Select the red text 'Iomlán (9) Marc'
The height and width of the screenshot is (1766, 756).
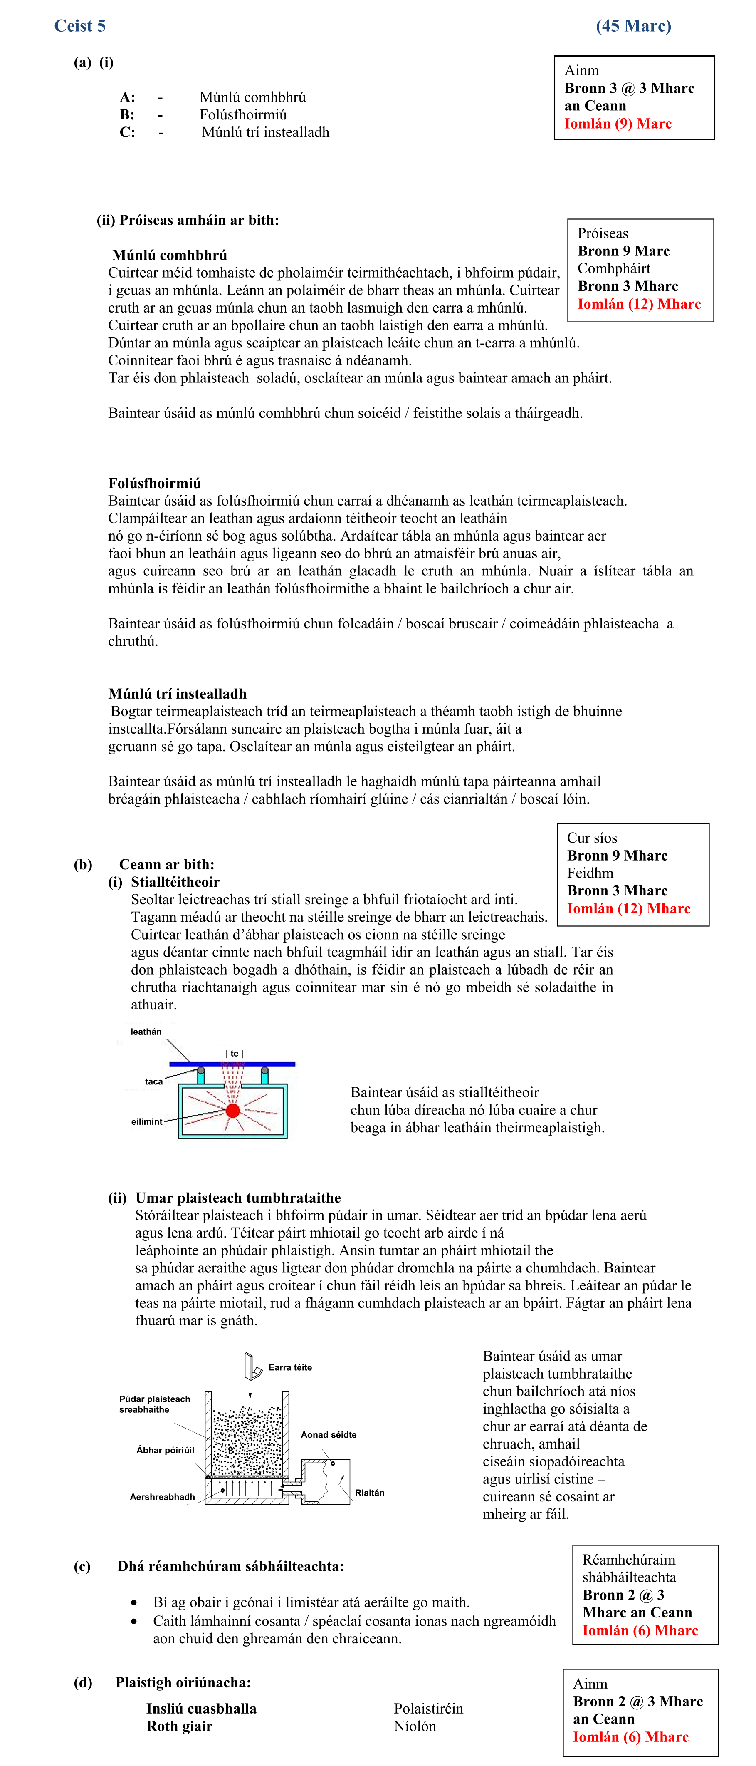pyautogui.click(x=618, y=124)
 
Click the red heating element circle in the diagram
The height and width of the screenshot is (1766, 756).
pyautogui.click(x=233, y=1110)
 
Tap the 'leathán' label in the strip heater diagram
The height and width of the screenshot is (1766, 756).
pyautogui.click(x=146, y=1032)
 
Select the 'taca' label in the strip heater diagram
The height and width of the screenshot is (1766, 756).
pyautogui.click(x=153, y=1082)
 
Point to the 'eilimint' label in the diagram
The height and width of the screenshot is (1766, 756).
pyautogui.click(x=147, y=1121)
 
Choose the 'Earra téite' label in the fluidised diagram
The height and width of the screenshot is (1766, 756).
pyautogui.click(x=290, y=1367)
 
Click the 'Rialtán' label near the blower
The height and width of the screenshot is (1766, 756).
pyautogui.click(x=369, y=1493)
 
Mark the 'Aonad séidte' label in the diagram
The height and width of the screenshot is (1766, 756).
pyautogui.click(x=329, y=1434)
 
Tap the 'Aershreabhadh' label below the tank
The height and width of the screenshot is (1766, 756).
pyautogui.click(x=163, y=1497)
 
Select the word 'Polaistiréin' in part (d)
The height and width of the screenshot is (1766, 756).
pyautogui.click(x=428, y=1709)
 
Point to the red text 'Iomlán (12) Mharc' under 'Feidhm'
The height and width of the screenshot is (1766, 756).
pyautogui.click(x=628, y=908)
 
